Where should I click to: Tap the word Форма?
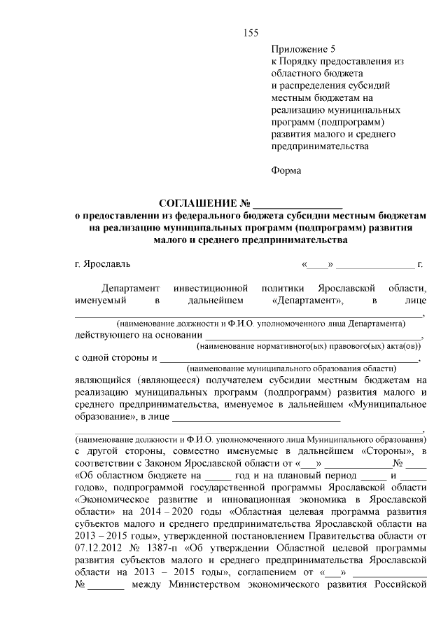pos(286,170)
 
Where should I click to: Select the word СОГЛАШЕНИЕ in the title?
pos(198,204)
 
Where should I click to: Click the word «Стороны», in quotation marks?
pos(391,449)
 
